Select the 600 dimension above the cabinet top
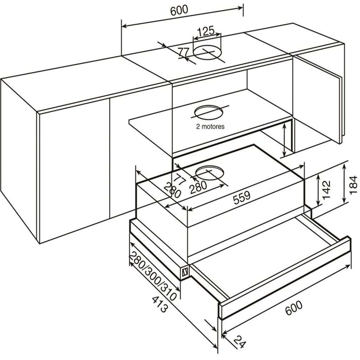(x=179, y=11)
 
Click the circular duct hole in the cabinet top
(x=208, y=53)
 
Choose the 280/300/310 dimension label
(x=153, y=275)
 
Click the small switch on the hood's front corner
(x=185, y=272)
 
